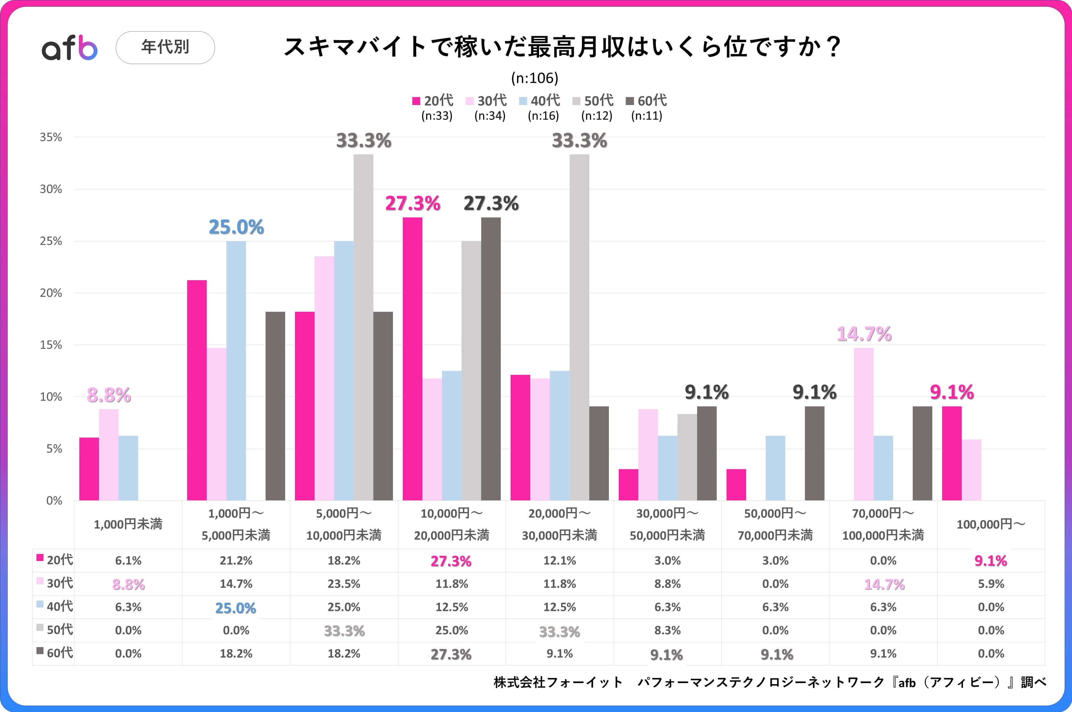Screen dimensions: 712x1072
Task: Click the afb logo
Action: pyautogui.click(x=70, y=48)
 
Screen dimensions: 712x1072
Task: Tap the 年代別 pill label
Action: pyautogui.click(x=165, y=47)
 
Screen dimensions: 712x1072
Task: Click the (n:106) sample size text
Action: pyautogui.click(x=534, y=78)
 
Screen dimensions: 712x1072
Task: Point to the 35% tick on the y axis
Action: pyautogui.click(x=51, y=137)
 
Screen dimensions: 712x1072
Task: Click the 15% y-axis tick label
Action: pyautogui.click(x=51, y=345)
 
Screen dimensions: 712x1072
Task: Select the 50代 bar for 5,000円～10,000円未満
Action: pyautogui.click(x=363, y=327)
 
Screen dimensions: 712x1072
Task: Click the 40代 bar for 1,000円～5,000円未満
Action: pyautogui.click(x=236, y=370)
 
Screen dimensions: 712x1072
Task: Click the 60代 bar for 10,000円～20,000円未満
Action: pyautogui.click(x=491, y=359)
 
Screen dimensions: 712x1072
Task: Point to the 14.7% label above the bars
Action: pyautogui.click(x=864, y=334)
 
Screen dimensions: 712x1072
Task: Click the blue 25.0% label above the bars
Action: pyautogui.click(x=236, y=227)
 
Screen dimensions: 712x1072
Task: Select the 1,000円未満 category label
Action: pyautogui.click(x=128, y=525)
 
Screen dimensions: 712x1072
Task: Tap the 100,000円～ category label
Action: pyautogui.click(x=991, y=525)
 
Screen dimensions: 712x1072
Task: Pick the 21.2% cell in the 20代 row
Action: pyautogui.click(x=236, y=561)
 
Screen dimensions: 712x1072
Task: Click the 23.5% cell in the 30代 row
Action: pyautogui.click(x=344, y=584)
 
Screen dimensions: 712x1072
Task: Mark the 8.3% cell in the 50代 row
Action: pyautogui.click(x=667, y=630)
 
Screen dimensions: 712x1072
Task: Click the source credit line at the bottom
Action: pyautogui.click(x=770, y=682)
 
